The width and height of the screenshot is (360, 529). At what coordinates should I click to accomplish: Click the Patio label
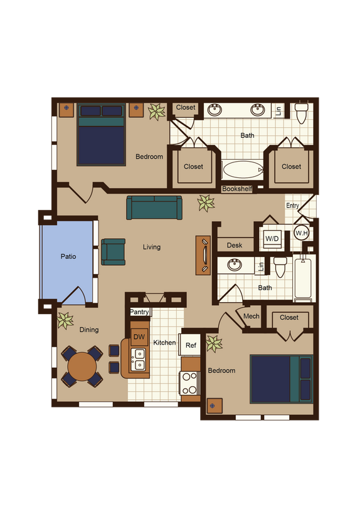point(68,256)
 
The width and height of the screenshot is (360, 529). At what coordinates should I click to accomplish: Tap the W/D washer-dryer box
point(272,239)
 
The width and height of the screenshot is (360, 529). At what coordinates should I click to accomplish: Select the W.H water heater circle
point(301,233)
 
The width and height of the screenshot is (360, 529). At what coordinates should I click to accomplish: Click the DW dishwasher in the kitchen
point(139,337)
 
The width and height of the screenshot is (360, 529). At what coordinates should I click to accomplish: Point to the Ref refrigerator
point(191,345)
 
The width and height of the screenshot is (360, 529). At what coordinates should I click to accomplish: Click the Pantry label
point(139,312)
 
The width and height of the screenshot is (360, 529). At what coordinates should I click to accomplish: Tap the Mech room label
point(251,317)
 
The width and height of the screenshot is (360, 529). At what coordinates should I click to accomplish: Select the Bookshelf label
point(236,189)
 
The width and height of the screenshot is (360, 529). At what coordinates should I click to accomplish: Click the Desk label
point(235,245)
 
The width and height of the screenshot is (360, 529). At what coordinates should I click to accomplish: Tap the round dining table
point(82,367)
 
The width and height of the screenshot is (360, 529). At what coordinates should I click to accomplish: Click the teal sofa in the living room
point(154,207)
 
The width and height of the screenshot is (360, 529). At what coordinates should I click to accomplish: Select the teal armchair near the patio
point(114,251)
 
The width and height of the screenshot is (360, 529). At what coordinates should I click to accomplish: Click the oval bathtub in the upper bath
point(243,170)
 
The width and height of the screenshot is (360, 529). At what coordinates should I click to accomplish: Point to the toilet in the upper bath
point(301,113)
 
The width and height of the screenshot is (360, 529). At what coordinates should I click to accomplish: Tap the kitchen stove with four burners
point(189,383)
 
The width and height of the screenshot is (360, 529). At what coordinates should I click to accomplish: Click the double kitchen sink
point(139,359)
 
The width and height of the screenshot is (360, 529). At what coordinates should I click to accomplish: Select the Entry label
point(292,206)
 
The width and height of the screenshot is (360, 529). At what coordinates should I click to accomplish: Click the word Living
point(152,247)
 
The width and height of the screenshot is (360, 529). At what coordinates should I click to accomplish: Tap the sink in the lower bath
point(236,265)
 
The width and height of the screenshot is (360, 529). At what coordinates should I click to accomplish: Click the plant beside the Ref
point(214,343)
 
